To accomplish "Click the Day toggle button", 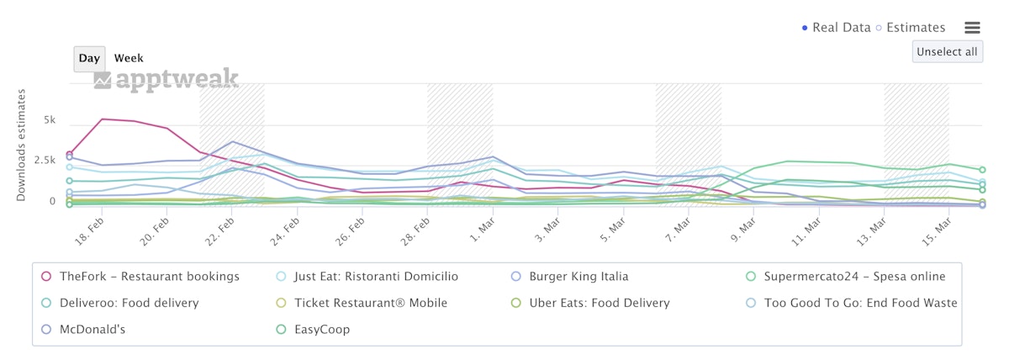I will click(89, 58).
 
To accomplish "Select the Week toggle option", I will click(129, 58).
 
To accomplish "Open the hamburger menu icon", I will click(972, 28).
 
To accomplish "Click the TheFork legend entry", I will click(148, 277).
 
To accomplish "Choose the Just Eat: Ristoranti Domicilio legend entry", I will click(379, 277).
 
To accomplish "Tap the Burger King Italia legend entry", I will click(578, 277).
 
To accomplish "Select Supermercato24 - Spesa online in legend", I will click(854, 277).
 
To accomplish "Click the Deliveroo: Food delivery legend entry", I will click(129, 303).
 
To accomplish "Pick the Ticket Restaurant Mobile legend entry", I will click(370, 303).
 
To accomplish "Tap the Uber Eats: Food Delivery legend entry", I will click(599, 303).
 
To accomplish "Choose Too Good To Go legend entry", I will click(860, 303).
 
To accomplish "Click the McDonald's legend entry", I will click(92, 329).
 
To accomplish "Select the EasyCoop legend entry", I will click(322, 329).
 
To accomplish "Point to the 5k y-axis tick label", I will click(50, 121).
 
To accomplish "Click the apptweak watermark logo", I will click(166, 80).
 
